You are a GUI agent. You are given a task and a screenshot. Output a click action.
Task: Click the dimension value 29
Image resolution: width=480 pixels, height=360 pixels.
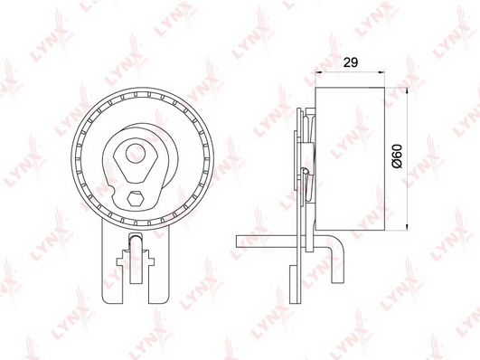coord(350,62)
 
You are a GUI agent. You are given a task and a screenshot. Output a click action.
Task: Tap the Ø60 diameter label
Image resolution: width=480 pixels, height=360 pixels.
coord(397,156)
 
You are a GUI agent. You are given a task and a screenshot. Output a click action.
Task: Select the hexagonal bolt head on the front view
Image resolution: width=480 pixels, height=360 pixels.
coord(135,198)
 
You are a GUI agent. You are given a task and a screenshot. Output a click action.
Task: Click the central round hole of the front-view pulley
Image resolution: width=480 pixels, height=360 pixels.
coord(135,154)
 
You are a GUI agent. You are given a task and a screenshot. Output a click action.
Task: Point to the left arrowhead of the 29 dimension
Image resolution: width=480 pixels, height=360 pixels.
coord(318,72)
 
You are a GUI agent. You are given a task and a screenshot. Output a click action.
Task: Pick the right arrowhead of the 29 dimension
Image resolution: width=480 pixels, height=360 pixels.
coord(381,72)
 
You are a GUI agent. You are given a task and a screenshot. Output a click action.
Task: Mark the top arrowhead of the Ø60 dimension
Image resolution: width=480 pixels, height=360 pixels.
coord(407,92)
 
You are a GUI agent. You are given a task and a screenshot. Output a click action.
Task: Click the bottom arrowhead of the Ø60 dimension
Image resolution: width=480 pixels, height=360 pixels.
coord(407,227)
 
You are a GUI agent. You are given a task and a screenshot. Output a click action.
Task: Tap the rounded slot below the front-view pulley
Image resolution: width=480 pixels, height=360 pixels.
coord(135,258)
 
